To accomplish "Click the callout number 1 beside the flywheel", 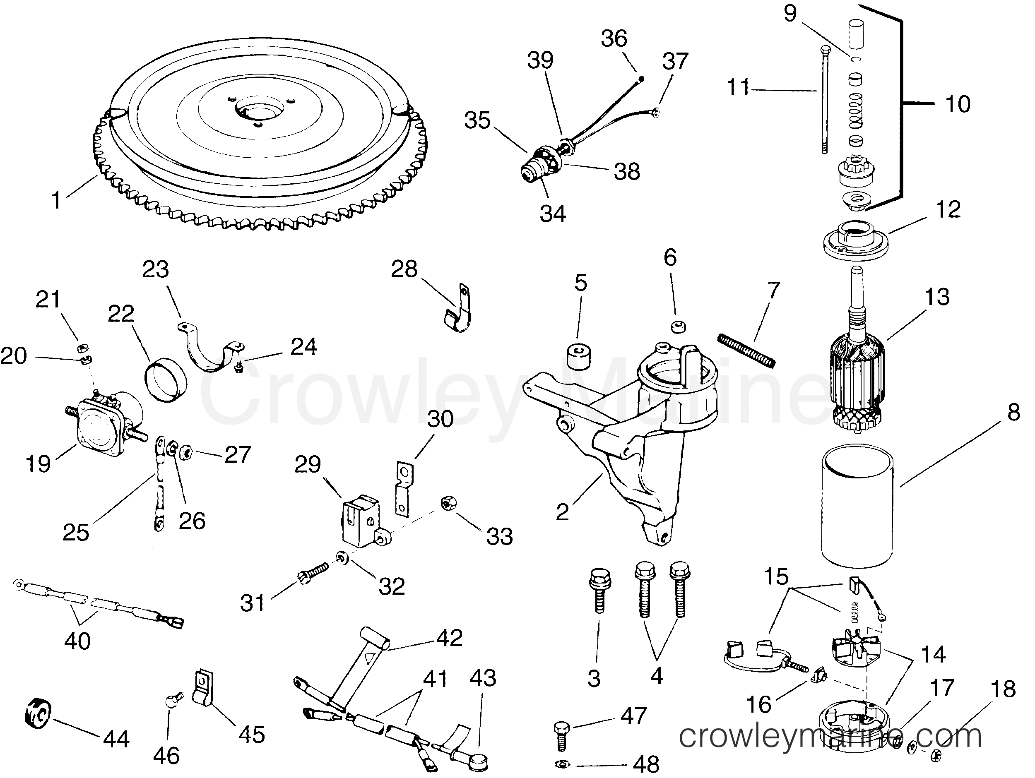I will point(56,201).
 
